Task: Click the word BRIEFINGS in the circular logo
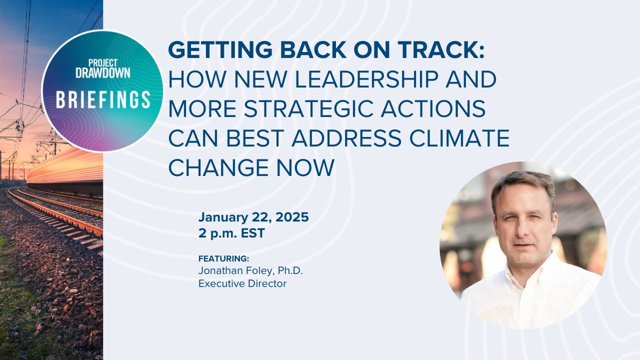(103, 100)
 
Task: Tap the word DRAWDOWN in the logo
(102, 72)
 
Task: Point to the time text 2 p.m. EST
(231, 233)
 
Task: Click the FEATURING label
(223, 259)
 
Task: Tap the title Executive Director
(242, 283)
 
